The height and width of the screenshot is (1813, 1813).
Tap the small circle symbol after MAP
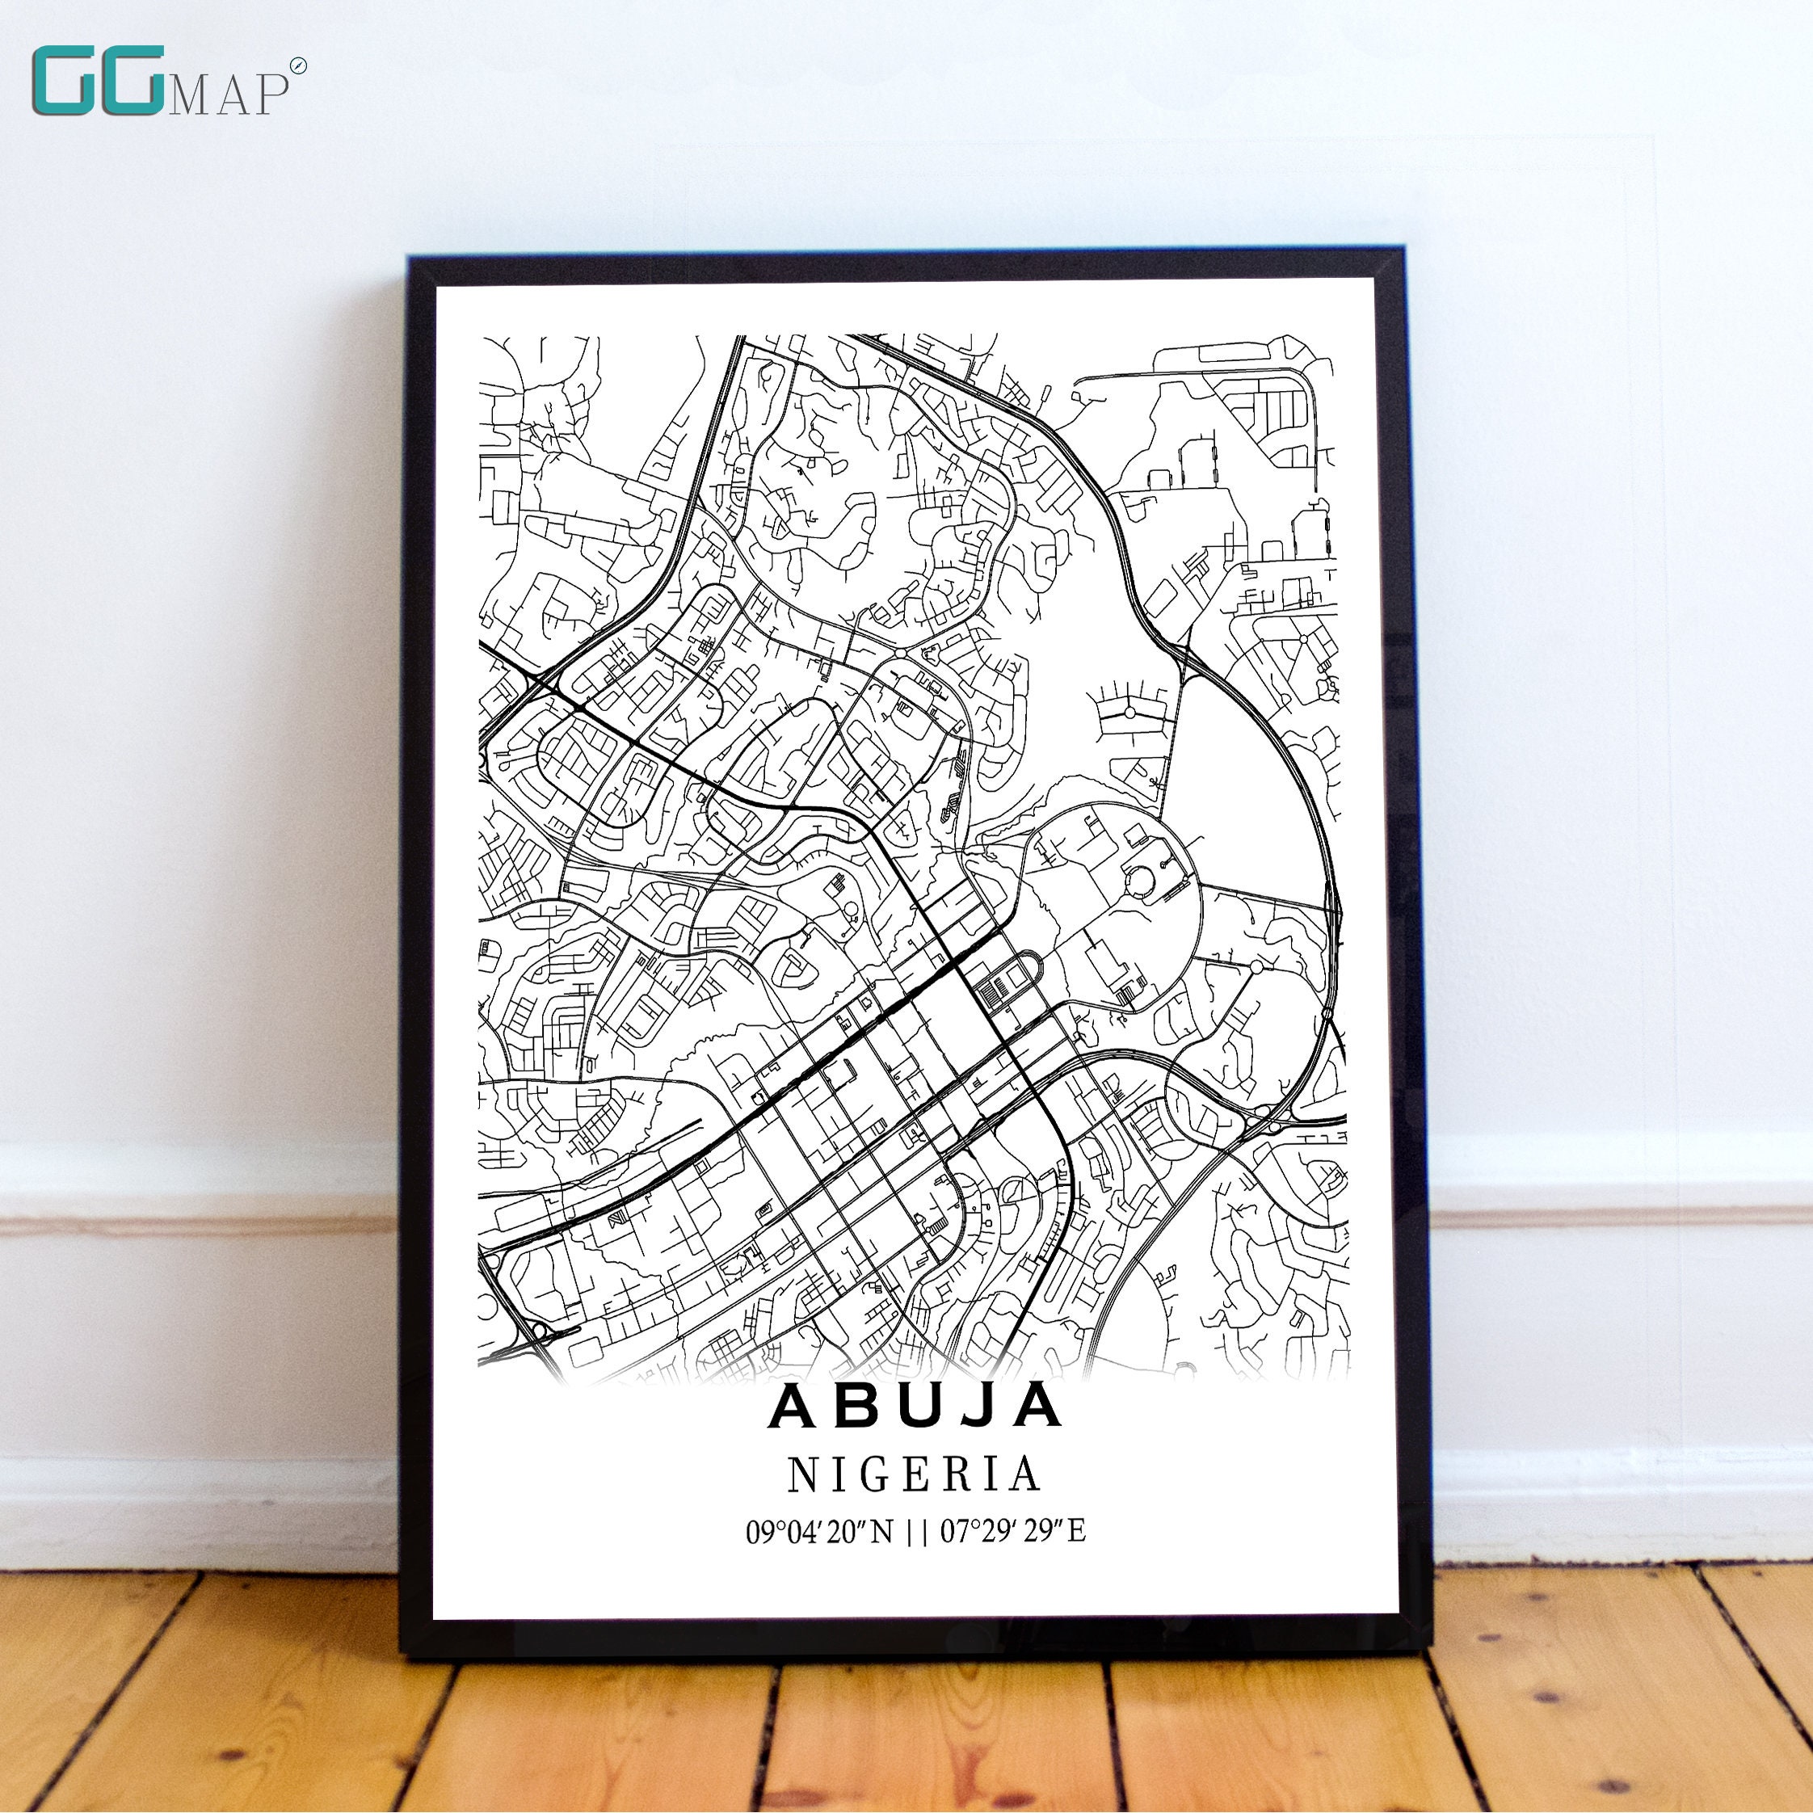[298, 65]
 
